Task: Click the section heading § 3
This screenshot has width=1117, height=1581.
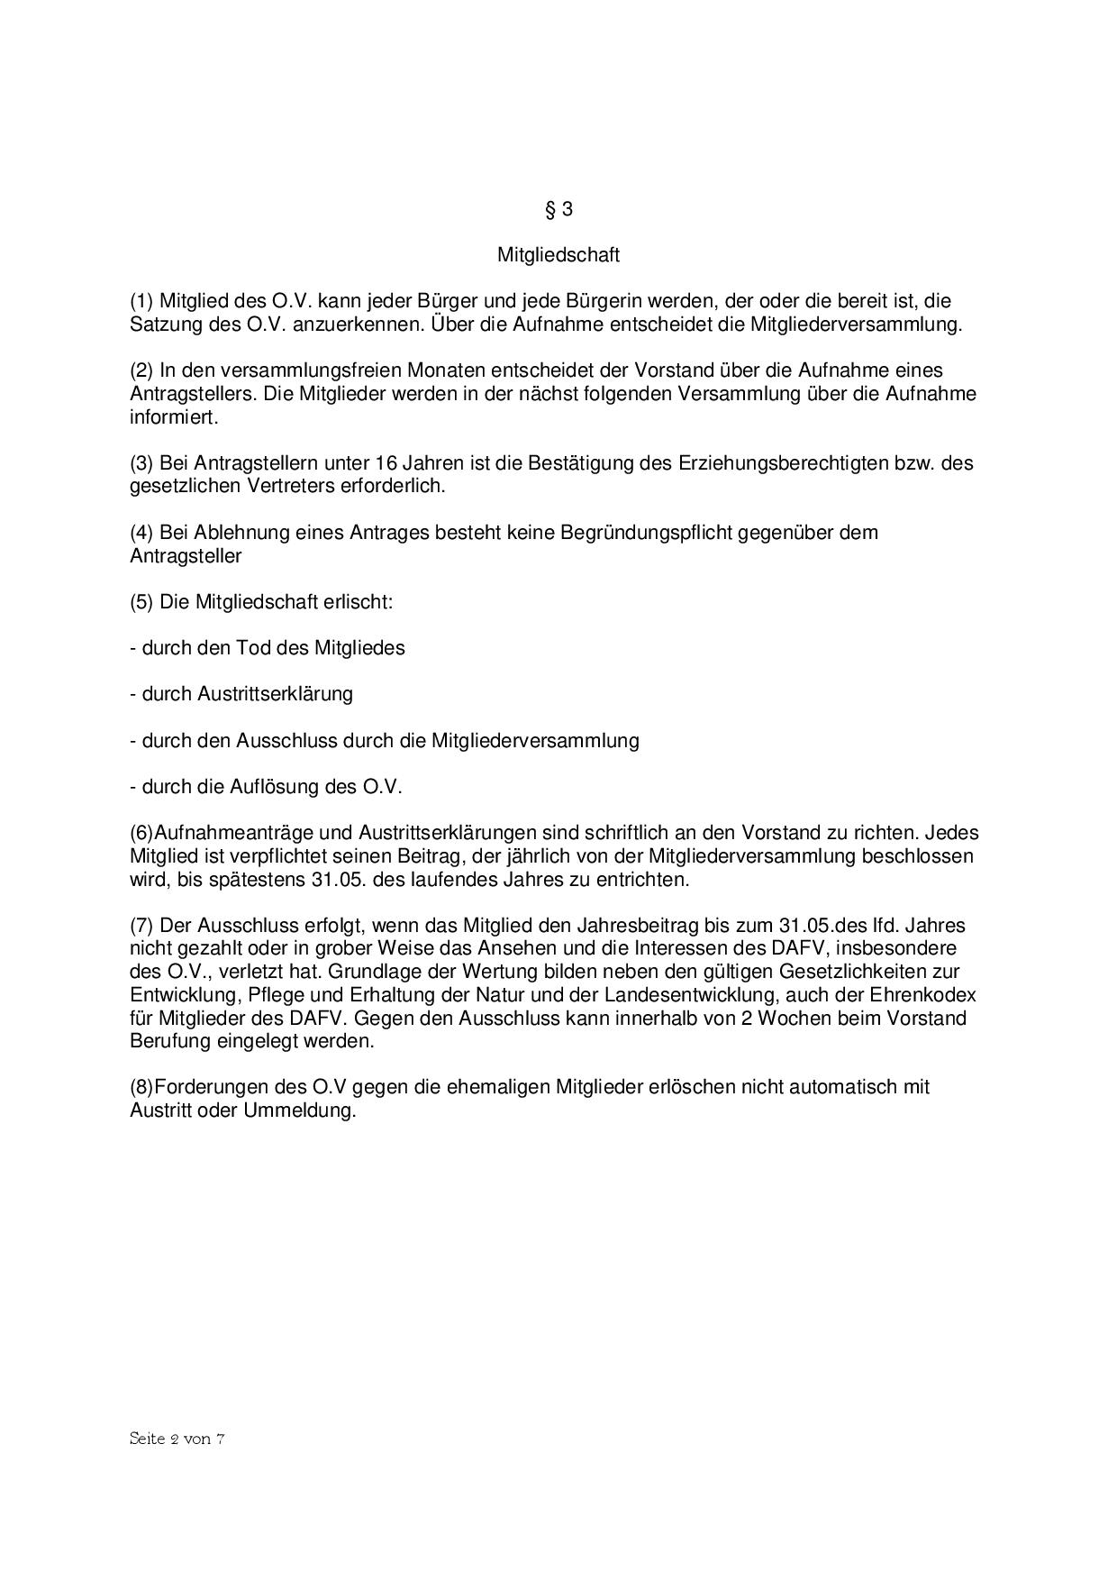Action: [x=558, y=209]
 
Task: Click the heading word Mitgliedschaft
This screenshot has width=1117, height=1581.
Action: [x=558, y=255]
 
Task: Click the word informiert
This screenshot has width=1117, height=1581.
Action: [x=173, y=417]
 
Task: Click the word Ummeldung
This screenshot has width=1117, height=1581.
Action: [x=300, y=1110]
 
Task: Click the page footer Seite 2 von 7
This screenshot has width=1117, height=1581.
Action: [x=177, y=1439]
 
